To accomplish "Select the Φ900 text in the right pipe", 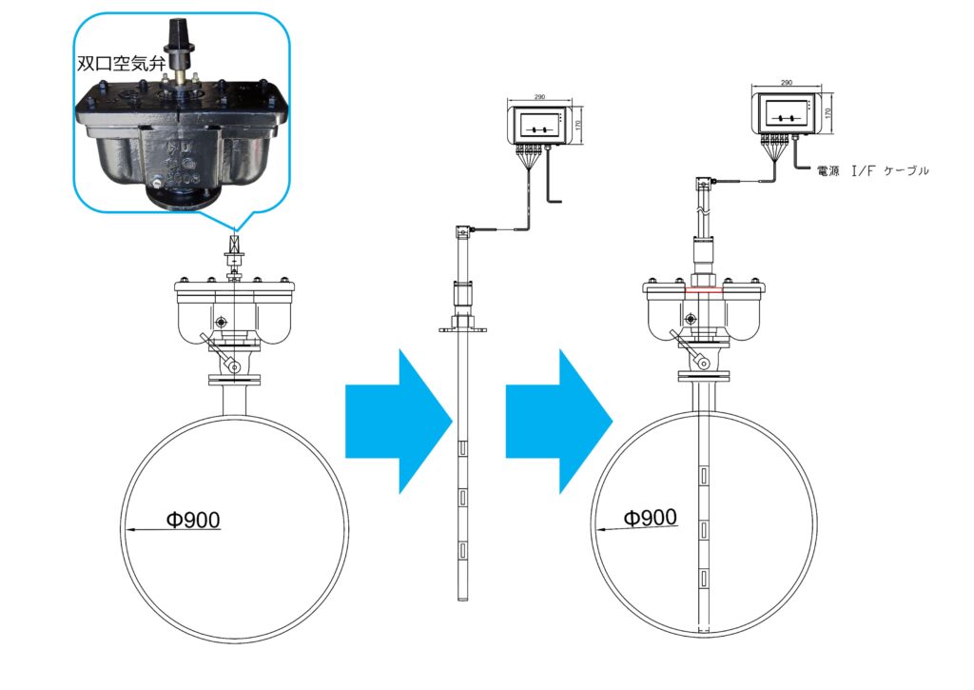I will tap(650, 518).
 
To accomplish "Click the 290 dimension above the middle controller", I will tap(539, 97).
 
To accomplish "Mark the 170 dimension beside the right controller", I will tap(828, 112).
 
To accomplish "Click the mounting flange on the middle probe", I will tap(463, 330).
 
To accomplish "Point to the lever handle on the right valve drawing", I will tap(692, 351).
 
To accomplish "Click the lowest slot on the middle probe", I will tap(462, 549).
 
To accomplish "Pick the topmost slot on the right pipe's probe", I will tap(704, 474).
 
